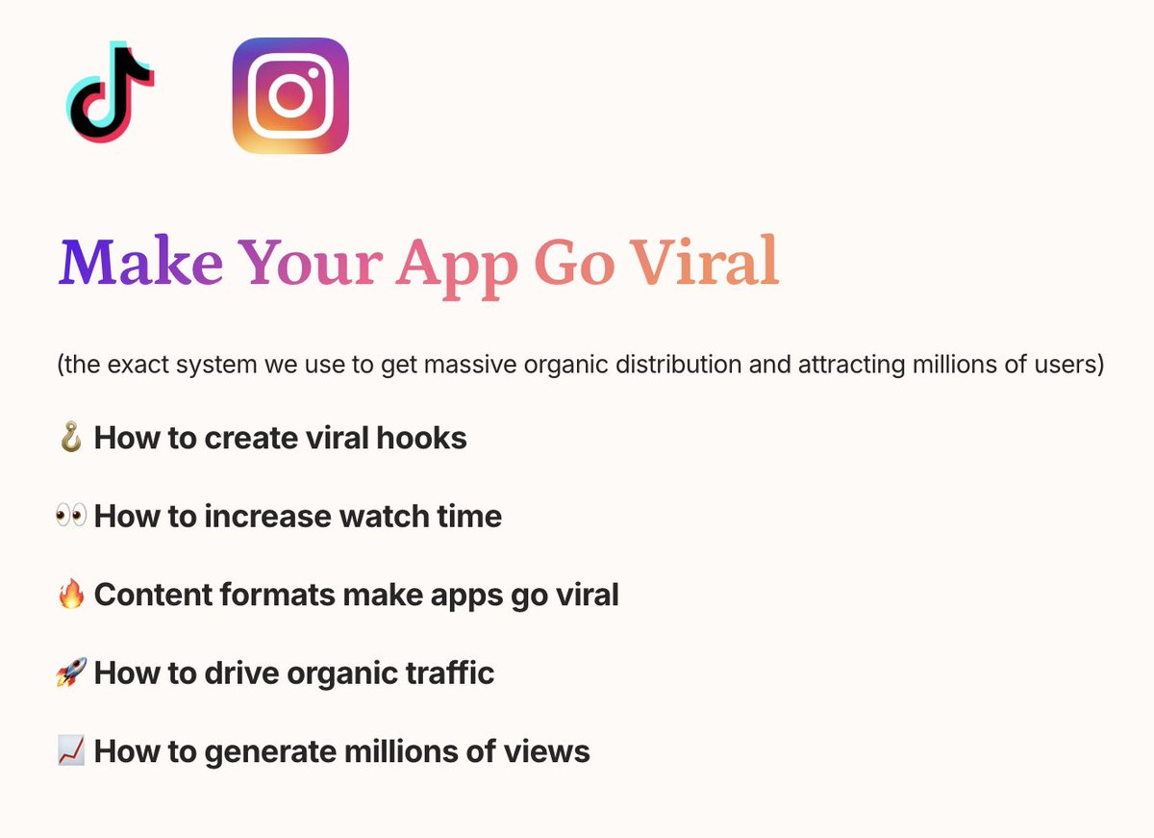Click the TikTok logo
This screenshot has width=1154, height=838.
tap(109, 93)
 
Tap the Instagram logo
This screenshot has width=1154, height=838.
tap(290, 95)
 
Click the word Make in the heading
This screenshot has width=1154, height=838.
tap(140, 262)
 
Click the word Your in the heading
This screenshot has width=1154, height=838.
tap(311, 262)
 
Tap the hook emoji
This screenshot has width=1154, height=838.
tap(71, 439)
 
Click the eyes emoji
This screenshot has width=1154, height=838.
tap(71, 517)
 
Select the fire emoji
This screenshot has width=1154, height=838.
tap(71, 595)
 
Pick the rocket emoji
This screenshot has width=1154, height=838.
tap(71, 673)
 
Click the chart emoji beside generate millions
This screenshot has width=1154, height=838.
tap(71, 750)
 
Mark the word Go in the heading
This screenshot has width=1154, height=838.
tap(574, 262)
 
